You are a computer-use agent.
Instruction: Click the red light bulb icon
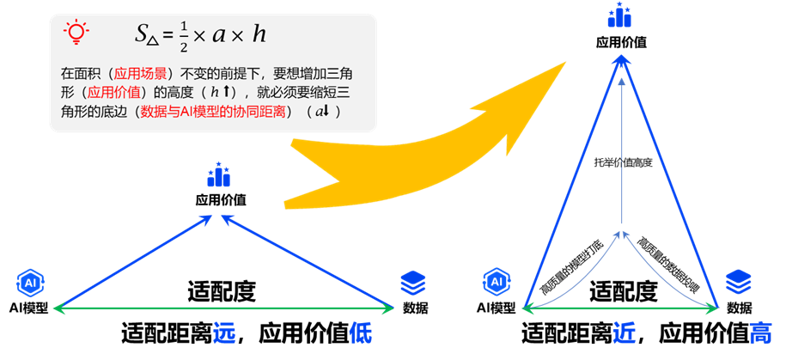tap(76, 33)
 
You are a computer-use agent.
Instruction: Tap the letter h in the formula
tap(259, 34)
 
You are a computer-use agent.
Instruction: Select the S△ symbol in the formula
tap(147, 35)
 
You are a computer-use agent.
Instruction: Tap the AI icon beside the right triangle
tap(497, 281)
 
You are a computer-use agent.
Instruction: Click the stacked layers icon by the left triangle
tap(412, 281)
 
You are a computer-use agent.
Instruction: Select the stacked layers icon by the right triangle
tap(738, 280)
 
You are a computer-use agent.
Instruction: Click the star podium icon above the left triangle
tap(220, 175)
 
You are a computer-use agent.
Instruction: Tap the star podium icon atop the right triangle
tap(619, 15)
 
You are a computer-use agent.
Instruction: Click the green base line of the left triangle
tap(172, 307)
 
